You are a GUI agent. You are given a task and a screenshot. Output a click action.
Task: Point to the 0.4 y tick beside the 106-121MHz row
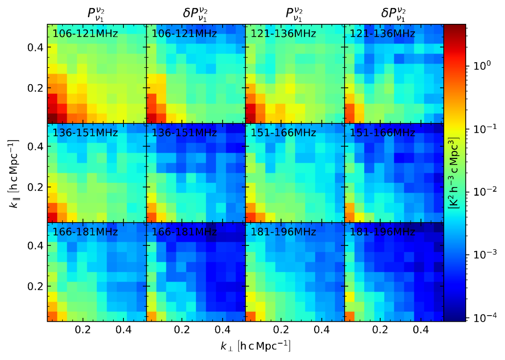(36, 48)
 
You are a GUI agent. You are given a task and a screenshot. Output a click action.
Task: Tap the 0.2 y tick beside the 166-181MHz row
(36, 286)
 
